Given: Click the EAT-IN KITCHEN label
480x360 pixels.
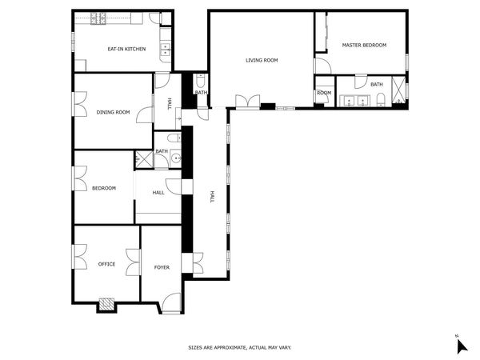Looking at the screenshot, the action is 126,49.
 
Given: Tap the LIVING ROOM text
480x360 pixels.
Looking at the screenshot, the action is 262,60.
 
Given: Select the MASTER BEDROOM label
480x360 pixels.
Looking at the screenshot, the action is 364,45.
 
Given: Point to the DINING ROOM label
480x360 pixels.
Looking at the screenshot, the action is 113,112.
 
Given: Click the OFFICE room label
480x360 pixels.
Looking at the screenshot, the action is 106,264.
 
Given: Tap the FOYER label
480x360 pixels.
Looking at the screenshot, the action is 162,267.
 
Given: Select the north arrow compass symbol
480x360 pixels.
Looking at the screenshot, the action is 462,346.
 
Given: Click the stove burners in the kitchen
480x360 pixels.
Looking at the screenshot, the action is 98,18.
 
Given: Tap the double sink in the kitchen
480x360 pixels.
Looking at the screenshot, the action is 166,50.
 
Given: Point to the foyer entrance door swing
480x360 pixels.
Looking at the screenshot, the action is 171,302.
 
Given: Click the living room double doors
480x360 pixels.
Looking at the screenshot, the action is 248,102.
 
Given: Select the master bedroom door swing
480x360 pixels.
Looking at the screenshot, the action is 323,66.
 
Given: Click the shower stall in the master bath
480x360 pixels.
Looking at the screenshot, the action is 398,90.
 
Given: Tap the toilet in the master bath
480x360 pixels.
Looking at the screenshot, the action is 381,99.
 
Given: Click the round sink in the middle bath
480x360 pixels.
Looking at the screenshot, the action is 176,158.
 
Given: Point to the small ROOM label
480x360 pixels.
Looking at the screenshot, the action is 324,93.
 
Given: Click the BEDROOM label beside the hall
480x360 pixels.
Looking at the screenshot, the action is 104,188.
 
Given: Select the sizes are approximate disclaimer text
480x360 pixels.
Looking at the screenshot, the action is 240,347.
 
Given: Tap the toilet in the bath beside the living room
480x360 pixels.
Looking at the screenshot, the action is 201,81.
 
